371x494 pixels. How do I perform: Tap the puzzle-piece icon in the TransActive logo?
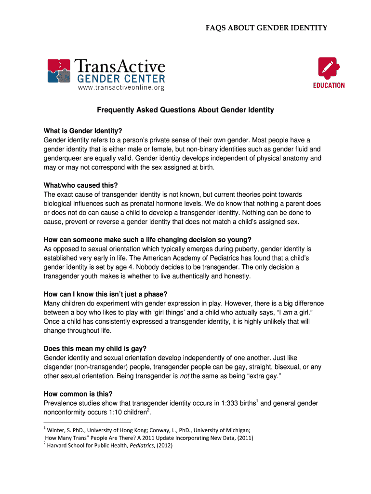pos(59,70)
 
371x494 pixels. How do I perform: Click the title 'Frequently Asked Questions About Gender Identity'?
pos(185,110)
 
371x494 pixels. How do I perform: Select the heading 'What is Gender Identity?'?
pos(83,131)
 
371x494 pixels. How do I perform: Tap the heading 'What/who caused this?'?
pos(80,185)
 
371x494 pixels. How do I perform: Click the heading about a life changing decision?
pos(147,240)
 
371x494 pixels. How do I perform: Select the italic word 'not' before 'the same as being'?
pos(184,376)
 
